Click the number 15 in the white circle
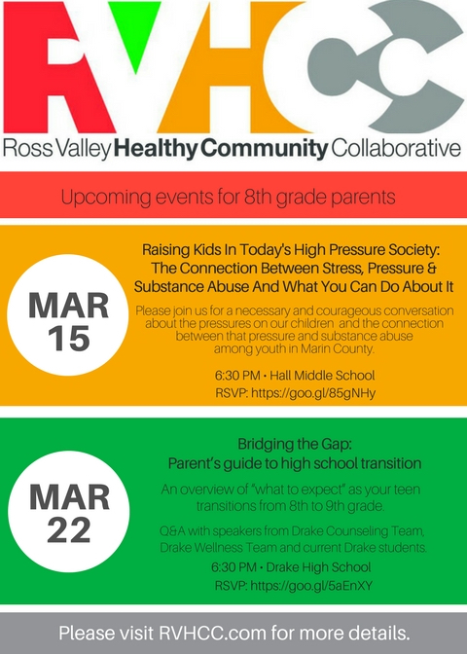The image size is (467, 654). click(69, 338)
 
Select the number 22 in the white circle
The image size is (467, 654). click(69, 529)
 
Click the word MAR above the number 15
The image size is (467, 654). click(68, 306)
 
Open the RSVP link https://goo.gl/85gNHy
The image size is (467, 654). click(313, 393)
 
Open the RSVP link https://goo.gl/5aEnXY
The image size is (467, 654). click(311, 586)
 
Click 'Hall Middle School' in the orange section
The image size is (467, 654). click(322, 376)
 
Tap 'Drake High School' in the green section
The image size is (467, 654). click(318, 567)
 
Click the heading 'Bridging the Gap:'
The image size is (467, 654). click(295, 444)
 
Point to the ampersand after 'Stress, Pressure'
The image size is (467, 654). click(432, 268)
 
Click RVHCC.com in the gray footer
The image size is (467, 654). click(213, 634)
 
